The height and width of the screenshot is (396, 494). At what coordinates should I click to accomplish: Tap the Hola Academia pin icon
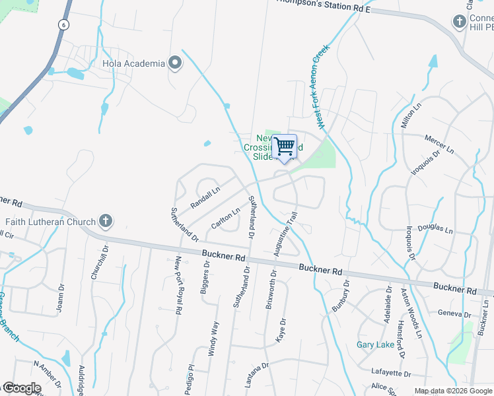tap(175, 63)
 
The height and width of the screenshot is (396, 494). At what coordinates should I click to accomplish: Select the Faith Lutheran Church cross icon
tap(105, 221)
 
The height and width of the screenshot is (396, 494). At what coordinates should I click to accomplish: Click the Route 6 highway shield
tap(63, 24)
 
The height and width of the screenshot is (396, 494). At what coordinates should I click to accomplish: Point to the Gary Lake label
tap(375, 345)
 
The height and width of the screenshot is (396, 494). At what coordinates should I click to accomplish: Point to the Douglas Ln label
tap(435, 229)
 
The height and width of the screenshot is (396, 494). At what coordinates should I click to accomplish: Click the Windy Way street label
tap(213, 339)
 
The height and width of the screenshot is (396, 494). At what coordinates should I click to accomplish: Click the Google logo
tap(22, 388)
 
